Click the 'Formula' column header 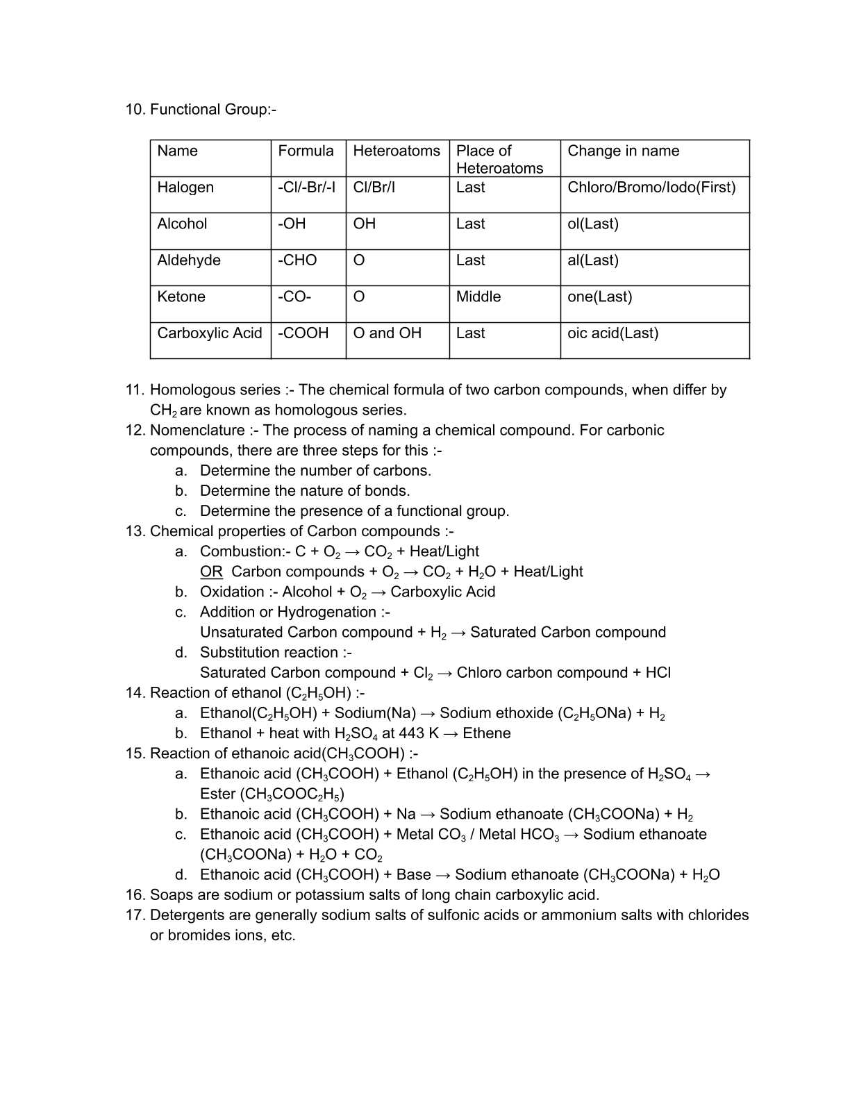click(306, 151)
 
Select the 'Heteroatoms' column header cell click(397, 151)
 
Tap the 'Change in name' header click(623, 151)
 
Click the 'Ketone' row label click(181, 297)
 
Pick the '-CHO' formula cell click(297, 260)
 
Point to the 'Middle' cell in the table click(478, 297)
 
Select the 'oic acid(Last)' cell click(612, 333)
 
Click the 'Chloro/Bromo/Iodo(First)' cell click(651, 187)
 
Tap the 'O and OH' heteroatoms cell click(387, 333)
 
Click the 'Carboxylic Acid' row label click(210, 333)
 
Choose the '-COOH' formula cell click(303, 333)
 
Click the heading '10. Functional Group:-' click(201, 110)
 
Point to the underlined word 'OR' click(211, 572)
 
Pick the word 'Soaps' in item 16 click(169, 895)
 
